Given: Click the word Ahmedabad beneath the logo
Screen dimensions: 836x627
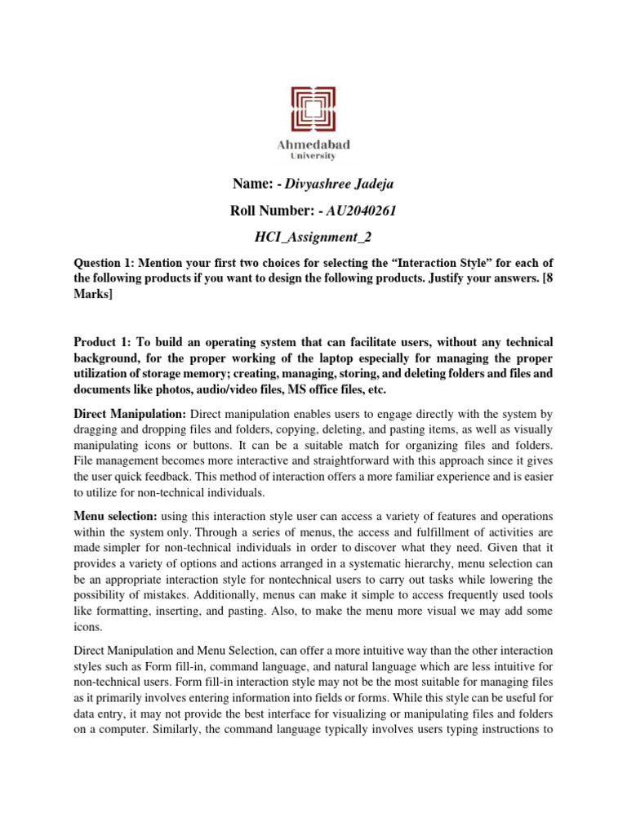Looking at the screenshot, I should point(313,145).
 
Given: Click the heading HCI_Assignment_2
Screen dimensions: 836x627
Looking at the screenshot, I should point(313,238).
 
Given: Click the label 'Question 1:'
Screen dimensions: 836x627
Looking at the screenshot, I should point(104,265).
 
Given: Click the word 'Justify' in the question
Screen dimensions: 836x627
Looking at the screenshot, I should point(462,280).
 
